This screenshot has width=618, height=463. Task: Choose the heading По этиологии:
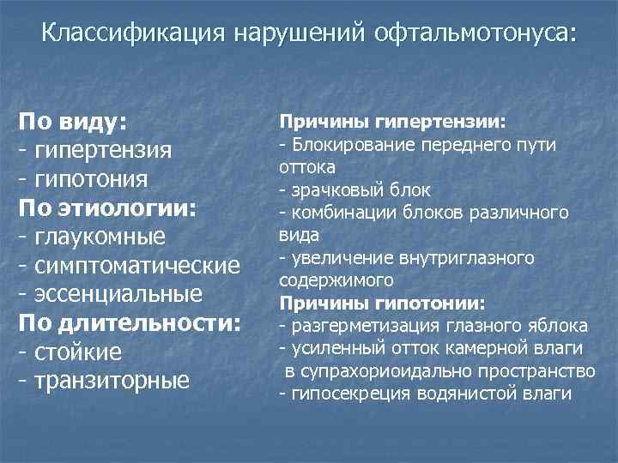tap(108, 207)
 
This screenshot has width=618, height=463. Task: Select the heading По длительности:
tap(130, 324)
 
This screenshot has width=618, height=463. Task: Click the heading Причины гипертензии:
tap(392, 123)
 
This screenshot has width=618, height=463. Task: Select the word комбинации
tap(336, 212)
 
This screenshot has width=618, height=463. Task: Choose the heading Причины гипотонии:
tap(382, 303)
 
